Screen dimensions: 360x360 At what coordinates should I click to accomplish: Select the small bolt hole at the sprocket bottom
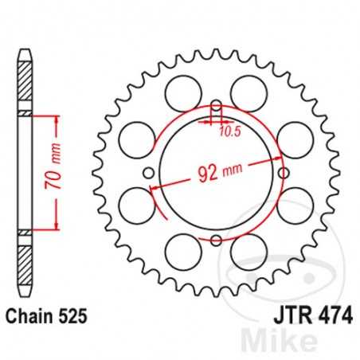coord(216,239)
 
